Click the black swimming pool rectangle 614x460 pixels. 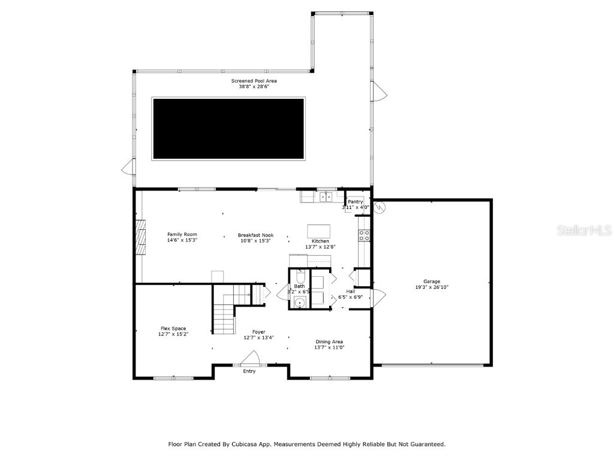point(228,129)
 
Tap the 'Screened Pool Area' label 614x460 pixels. point(254,81)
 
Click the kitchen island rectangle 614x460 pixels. point(319,231)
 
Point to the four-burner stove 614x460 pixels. point(363,235)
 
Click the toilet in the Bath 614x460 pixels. point(300,277)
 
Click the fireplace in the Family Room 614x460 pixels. point(140,237)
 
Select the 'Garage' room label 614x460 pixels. point(432,282)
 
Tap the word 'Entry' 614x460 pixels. point(249,371)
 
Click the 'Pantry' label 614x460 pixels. point(355,202)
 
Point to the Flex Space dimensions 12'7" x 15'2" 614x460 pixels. point(173,334)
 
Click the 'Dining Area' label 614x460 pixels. point(330,342)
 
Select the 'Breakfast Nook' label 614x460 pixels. point(255,235)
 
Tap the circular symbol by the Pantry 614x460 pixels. point(379,207)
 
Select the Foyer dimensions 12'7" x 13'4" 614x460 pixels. point(258,338)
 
